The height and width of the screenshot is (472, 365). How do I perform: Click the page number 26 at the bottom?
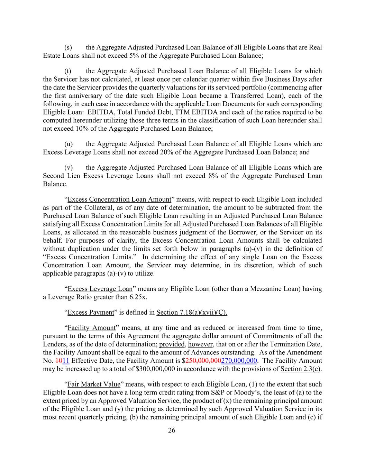click(x=172, y=430)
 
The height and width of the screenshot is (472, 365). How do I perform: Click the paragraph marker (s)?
click(x=68, y=47)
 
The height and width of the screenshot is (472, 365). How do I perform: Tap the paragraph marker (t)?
click(x=68, y=71)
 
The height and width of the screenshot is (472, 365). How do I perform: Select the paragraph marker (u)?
click(x=68, y=144)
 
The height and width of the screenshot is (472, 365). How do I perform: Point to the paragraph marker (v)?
click(x=68, y=167)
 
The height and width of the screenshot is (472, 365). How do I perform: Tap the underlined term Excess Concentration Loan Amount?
click(x=119, y=199)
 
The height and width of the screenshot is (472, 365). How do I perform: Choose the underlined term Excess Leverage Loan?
click(x=100, y=289)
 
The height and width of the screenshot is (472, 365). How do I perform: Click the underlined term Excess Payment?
click(x=91, y=312)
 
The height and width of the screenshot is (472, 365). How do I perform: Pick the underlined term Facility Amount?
click(x=91, y=327)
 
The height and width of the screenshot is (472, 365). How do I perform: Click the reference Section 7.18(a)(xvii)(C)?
click(x=192, y=312)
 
